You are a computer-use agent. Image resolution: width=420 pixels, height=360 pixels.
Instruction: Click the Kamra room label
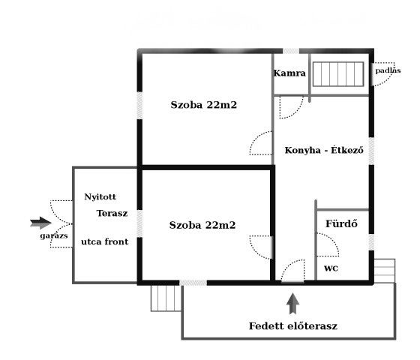point(289,73)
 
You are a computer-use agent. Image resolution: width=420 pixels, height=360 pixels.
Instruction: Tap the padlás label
point(388,70)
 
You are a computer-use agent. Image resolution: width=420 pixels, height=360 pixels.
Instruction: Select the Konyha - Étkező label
point(324,150)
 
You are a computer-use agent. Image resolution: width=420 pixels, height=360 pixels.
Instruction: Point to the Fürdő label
point(341,223)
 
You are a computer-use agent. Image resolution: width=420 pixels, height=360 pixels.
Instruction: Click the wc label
point(331,268)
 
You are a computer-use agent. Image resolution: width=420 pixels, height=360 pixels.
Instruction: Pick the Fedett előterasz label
point(293,326)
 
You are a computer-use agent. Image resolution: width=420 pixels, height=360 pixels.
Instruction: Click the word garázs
point(54,236)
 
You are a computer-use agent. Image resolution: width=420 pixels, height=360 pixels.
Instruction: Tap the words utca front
point(105,241)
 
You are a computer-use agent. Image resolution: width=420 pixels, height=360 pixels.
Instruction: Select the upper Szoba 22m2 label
point(204,105)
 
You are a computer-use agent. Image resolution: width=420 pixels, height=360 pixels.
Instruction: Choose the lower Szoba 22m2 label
point(202,225)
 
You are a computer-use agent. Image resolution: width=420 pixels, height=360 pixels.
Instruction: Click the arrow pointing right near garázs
point(40,223)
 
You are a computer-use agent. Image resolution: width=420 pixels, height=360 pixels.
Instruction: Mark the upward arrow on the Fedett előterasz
point(292,304)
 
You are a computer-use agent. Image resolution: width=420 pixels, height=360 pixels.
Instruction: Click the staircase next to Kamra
point(338,74)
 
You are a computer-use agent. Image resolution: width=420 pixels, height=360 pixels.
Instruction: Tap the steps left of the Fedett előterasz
point(166,298)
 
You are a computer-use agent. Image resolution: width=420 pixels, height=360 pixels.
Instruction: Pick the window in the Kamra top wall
point(291,51)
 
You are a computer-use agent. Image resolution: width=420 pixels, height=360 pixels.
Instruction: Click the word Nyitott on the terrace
point(100,196)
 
